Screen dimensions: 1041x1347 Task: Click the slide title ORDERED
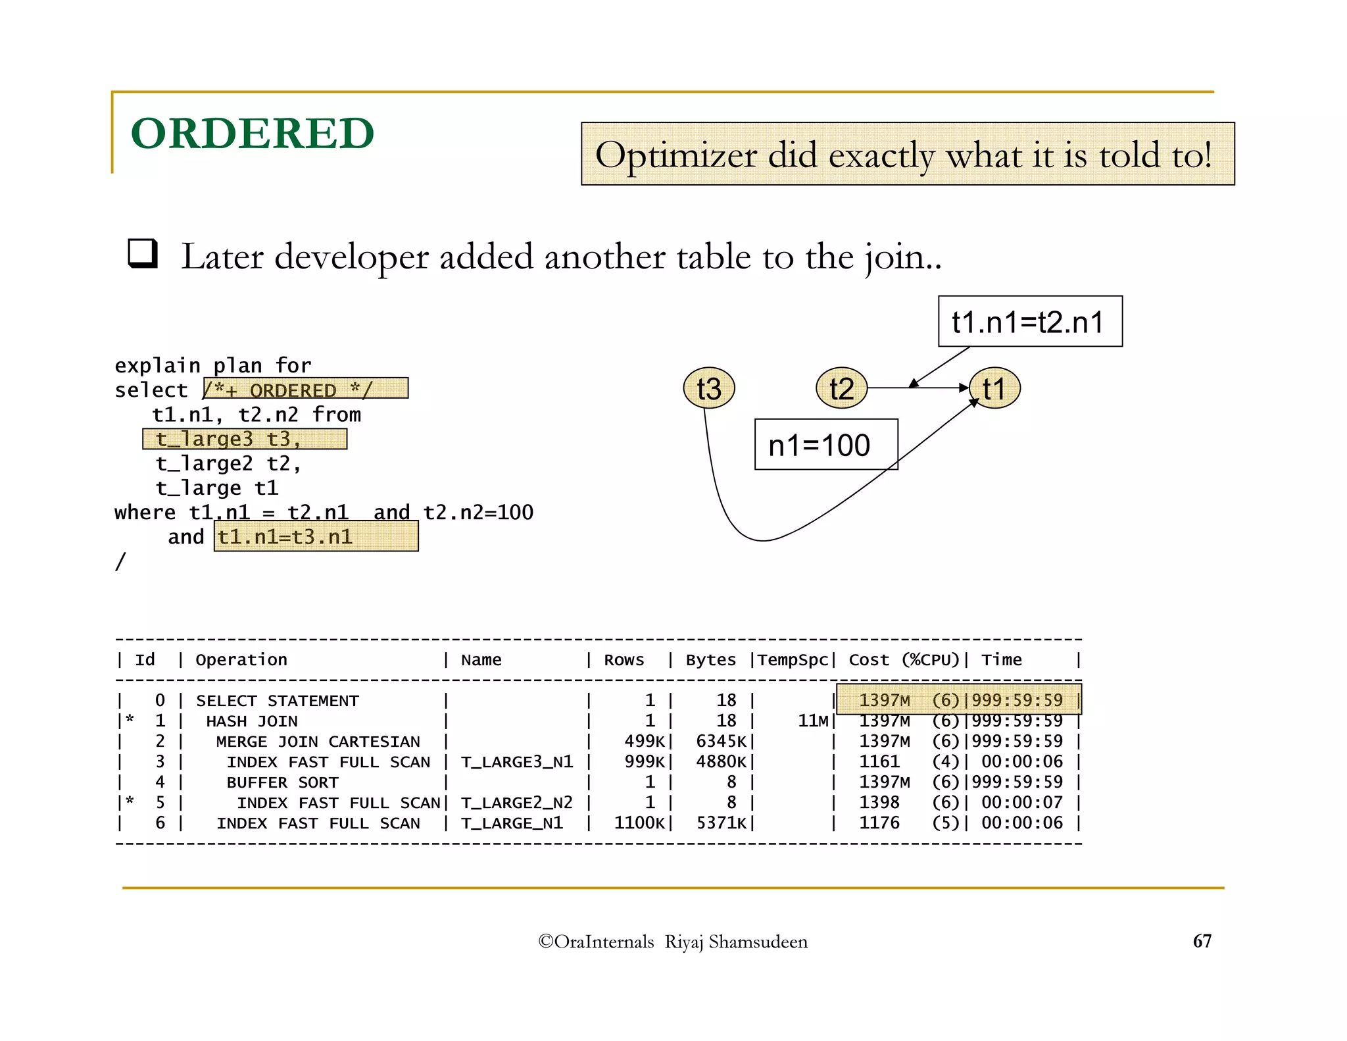point(253,134)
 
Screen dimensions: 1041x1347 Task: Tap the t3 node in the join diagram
point(708,388)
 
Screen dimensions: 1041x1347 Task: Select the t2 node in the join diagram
point(841,388)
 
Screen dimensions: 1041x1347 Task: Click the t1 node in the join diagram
point(994,388)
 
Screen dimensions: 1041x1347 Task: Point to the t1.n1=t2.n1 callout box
point(1029,322)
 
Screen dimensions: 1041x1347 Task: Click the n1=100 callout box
point(825,445)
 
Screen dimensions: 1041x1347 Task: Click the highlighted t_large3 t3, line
point(245,439)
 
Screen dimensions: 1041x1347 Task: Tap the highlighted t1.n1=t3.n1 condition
point(316,537)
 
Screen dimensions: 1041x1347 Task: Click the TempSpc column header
point(793,660)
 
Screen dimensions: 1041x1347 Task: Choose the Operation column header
point(241,660)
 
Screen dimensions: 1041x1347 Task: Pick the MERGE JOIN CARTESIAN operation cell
point(318,742)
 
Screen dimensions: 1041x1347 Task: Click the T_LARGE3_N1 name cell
point(517,762)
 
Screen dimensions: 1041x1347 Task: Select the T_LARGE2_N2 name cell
point(517,803)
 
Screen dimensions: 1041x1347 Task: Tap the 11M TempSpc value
point(813,721)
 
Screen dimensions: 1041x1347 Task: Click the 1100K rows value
point(639,823)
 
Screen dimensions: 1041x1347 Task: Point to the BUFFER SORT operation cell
point(282,782)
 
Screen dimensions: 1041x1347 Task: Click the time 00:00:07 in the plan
point(1022,803)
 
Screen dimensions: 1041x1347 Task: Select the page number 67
point(1202,941)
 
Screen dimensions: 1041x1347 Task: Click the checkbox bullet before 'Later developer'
point(143,253)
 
